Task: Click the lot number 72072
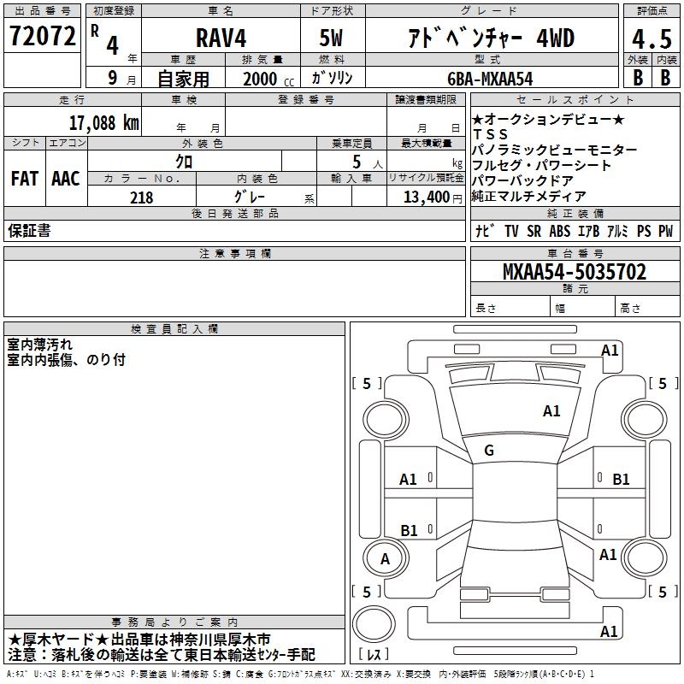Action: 42,36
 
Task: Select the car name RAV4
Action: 221,38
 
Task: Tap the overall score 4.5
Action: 652,39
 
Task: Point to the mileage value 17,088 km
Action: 103,123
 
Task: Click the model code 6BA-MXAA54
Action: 490,79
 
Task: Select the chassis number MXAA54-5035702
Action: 574,272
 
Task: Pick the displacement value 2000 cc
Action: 268,79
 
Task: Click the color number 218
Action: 141,198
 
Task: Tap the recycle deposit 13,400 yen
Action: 433,198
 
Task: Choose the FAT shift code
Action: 25,179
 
